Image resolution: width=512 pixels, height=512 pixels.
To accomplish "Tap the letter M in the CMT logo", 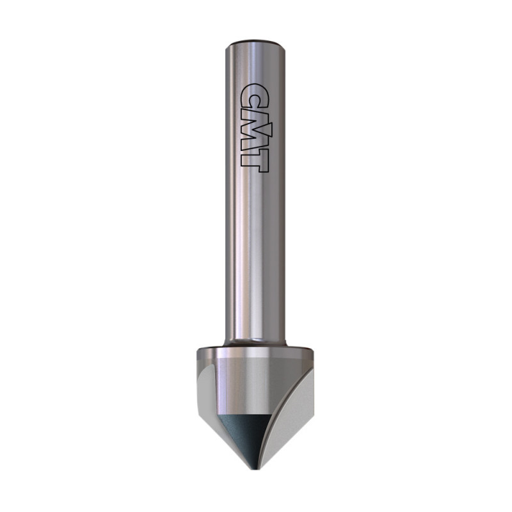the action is pos(254,132).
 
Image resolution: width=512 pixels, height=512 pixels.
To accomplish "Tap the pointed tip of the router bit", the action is pos(255,469).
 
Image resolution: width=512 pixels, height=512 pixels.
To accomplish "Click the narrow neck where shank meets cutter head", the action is pos(255,343).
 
